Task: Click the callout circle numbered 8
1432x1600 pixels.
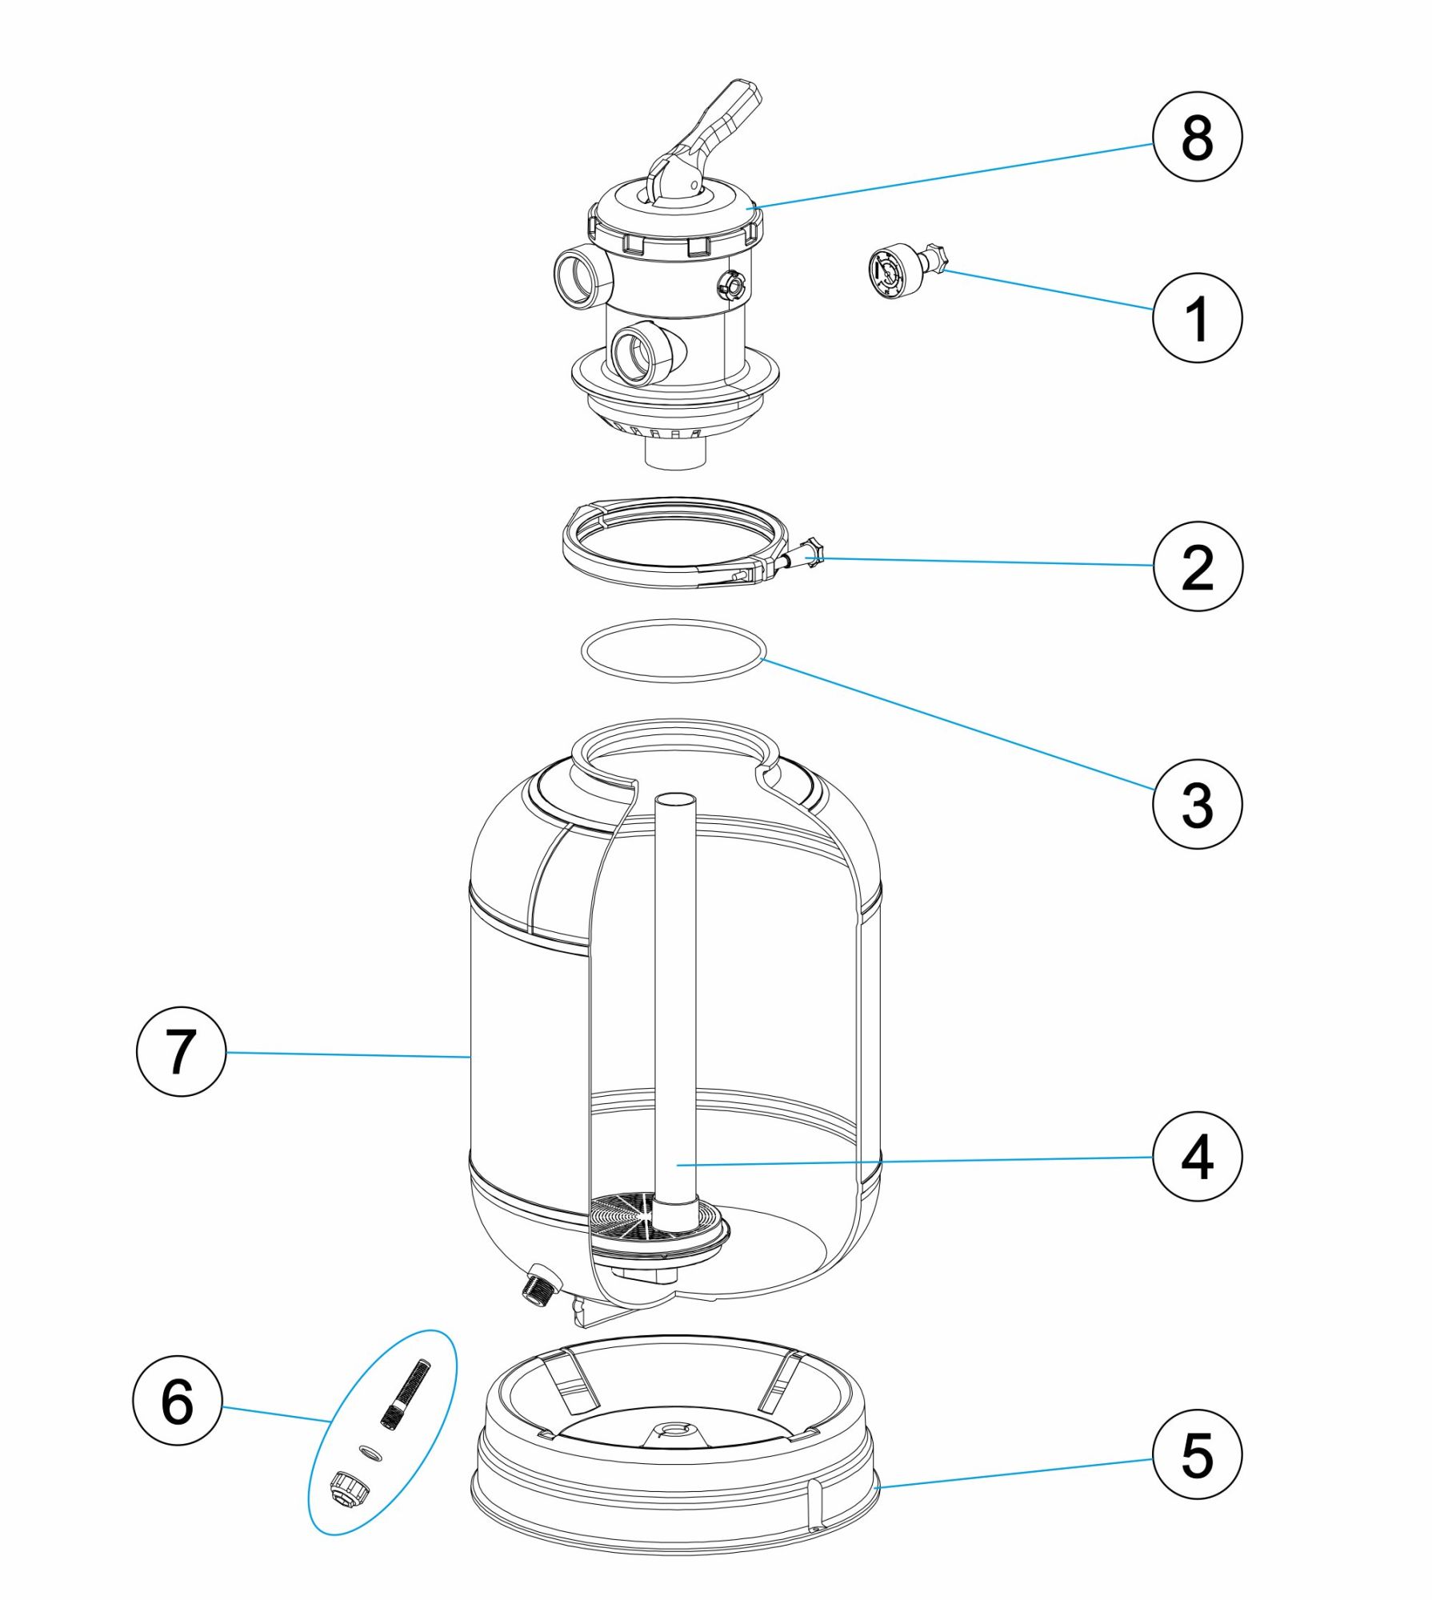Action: point(1197,137)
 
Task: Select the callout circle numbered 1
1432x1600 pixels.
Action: point(1197,318)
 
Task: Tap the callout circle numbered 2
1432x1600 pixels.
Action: point(1197,566)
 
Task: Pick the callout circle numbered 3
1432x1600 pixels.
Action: point(1197,803)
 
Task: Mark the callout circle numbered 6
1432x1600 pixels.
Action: point(177,1401)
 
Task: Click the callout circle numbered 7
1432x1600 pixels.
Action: point(181,1051)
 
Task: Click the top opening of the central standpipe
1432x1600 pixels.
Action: point(674,799)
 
